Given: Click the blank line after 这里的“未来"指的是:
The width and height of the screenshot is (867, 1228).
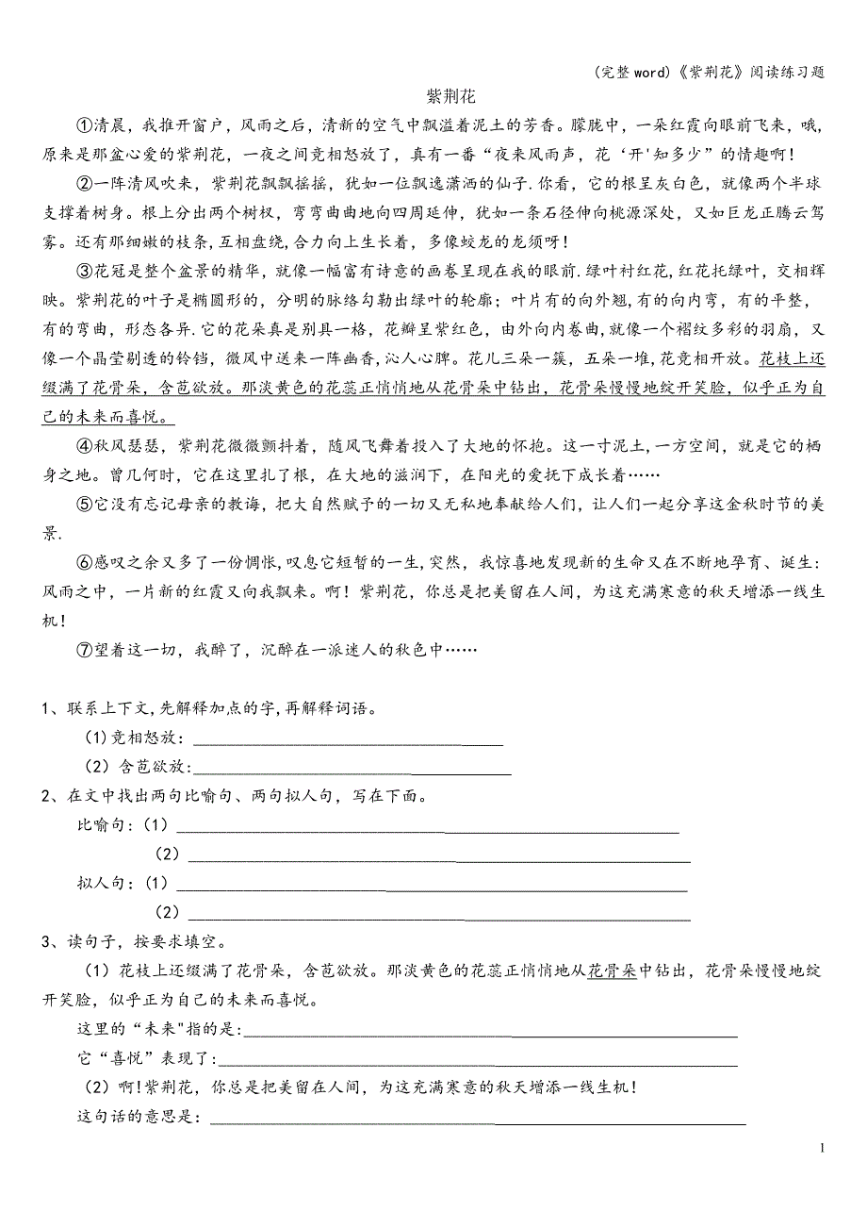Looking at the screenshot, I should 490,1035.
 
